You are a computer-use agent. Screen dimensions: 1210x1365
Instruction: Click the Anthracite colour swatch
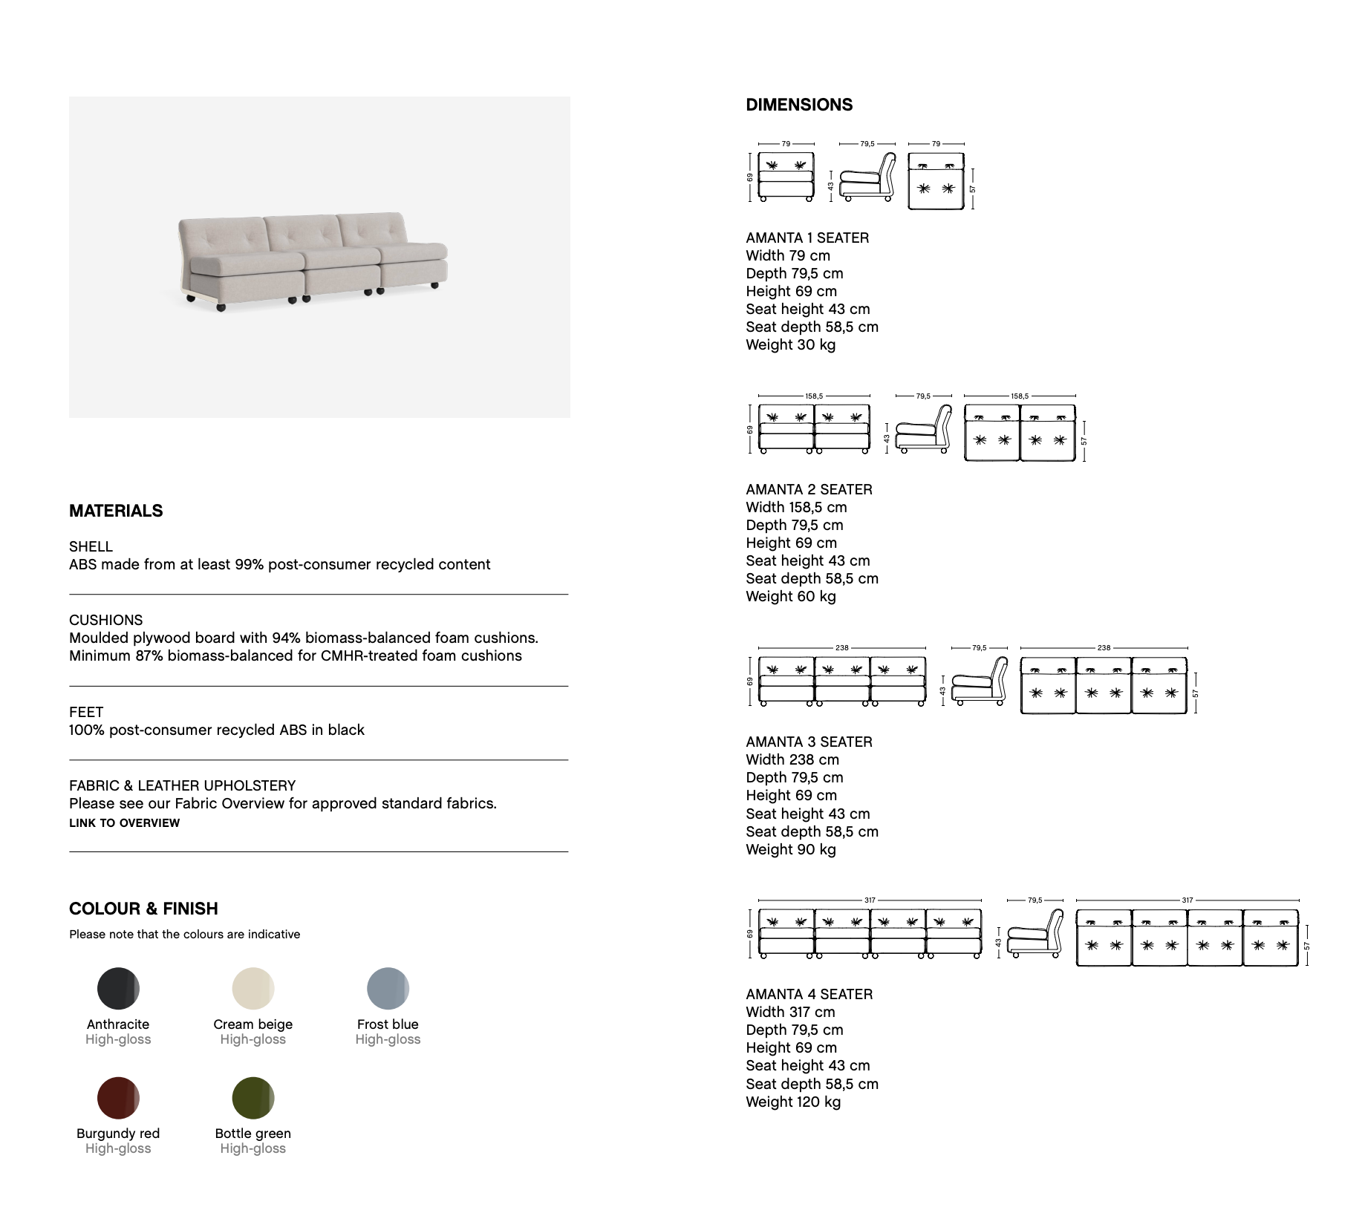pyautogui.click(x=118, y=989)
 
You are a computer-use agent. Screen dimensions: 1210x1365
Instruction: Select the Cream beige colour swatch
pyautogui.click(x=253, y=989)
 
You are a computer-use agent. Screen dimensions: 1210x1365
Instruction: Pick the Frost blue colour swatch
pyautogui.click(x=388, y=989)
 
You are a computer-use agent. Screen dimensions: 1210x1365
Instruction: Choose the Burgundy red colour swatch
pyautogui.click(x=118, y=1098)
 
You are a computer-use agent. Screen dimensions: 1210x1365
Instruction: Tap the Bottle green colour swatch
pyautogui.click(x=253, y=1098)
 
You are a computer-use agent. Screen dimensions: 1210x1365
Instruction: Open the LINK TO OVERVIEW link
pyautogui.click(x=124, y=823)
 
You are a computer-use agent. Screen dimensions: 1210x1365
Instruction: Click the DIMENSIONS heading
pyautogui.click(x=799, y=105)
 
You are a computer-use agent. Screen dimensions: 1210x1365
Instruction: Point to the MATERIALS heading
pyautogui.click(x=116, y=511)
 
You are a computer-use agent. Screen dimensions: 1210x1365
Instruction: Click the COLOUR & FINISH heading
pyautogui.click(x=143, y=909)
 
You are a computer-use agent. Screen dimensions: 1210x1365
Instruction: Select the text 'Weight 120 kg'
pyautogui.click(x=793, y=1102)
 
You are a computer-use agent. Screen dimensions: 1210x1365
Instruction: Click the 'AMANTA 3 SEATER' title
pyautogui.click(x=809, y=742)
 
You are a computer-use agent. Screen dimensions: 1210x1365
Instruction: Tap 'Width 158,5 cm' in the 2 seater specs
pyautogui.click(x=796, y=507)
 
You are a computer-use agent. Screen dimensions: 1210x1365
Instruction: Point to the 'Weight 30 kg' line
pyautogui.click(x=790, y=344)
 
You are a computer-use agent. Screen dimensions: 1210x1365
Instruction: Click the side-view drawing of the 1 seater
pyautogui.click(x=867, y=178)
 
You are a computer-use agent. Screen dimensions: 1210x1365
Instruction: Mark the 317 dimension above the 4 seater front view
pyautogui.click(x=870, y=900)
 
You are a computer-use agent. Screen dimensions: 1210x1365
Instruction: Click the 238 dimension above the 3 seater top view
pyautogui.click(x=1104, y=648)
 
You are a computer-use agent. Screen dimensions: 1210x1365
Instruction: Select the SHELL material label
pyautogui.click(x=91, y=546)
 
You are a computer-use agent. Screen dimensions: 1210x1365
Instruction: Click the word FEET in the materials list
pyautogui.click(x=86, y=712)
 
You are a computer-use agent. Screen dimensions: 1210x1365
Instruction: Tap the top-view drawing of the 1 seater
pyautogui.click(x=936, y=181)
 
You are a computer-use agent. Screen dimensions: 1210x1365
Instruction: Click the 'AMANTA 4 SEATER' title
pyautogui.click(x=809, y=994)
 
